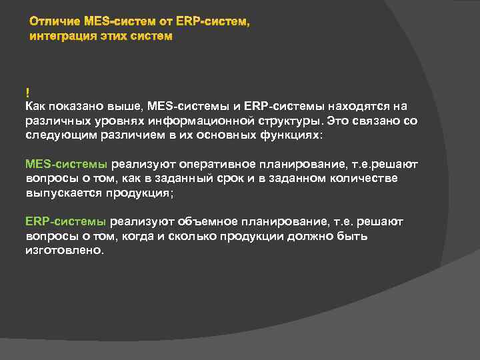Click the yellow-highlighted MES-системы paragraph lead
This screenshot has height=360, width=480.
click(x=65, y=163)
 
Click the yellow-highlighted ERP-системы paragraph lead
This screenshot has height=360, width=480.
click(x=65, y=222)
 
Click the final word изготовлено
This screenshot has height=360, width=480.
click(x=65, y=251)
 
